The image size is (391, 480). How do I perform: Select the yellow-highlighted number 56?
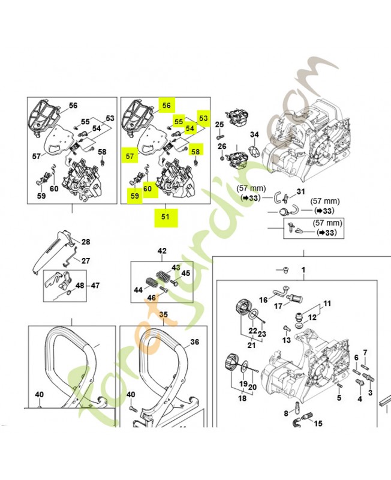[166, 105]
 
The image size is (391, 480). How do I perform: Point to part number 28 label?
[86, 242]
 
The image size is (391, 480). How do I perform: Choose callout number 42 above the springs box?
[162, 251]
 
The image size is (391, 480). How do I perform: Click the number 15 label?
[318, 424]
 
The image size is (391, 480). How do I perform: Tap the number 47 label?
[95, 286]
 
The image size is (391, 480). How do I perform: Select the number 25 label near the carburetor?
[219, 124]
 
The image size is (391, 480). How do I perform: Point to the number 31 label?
[301, 192]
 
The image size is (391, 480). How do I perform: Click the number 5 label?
[339, 398]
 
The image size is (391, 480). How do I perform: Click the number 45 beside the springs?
[186, 273]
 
